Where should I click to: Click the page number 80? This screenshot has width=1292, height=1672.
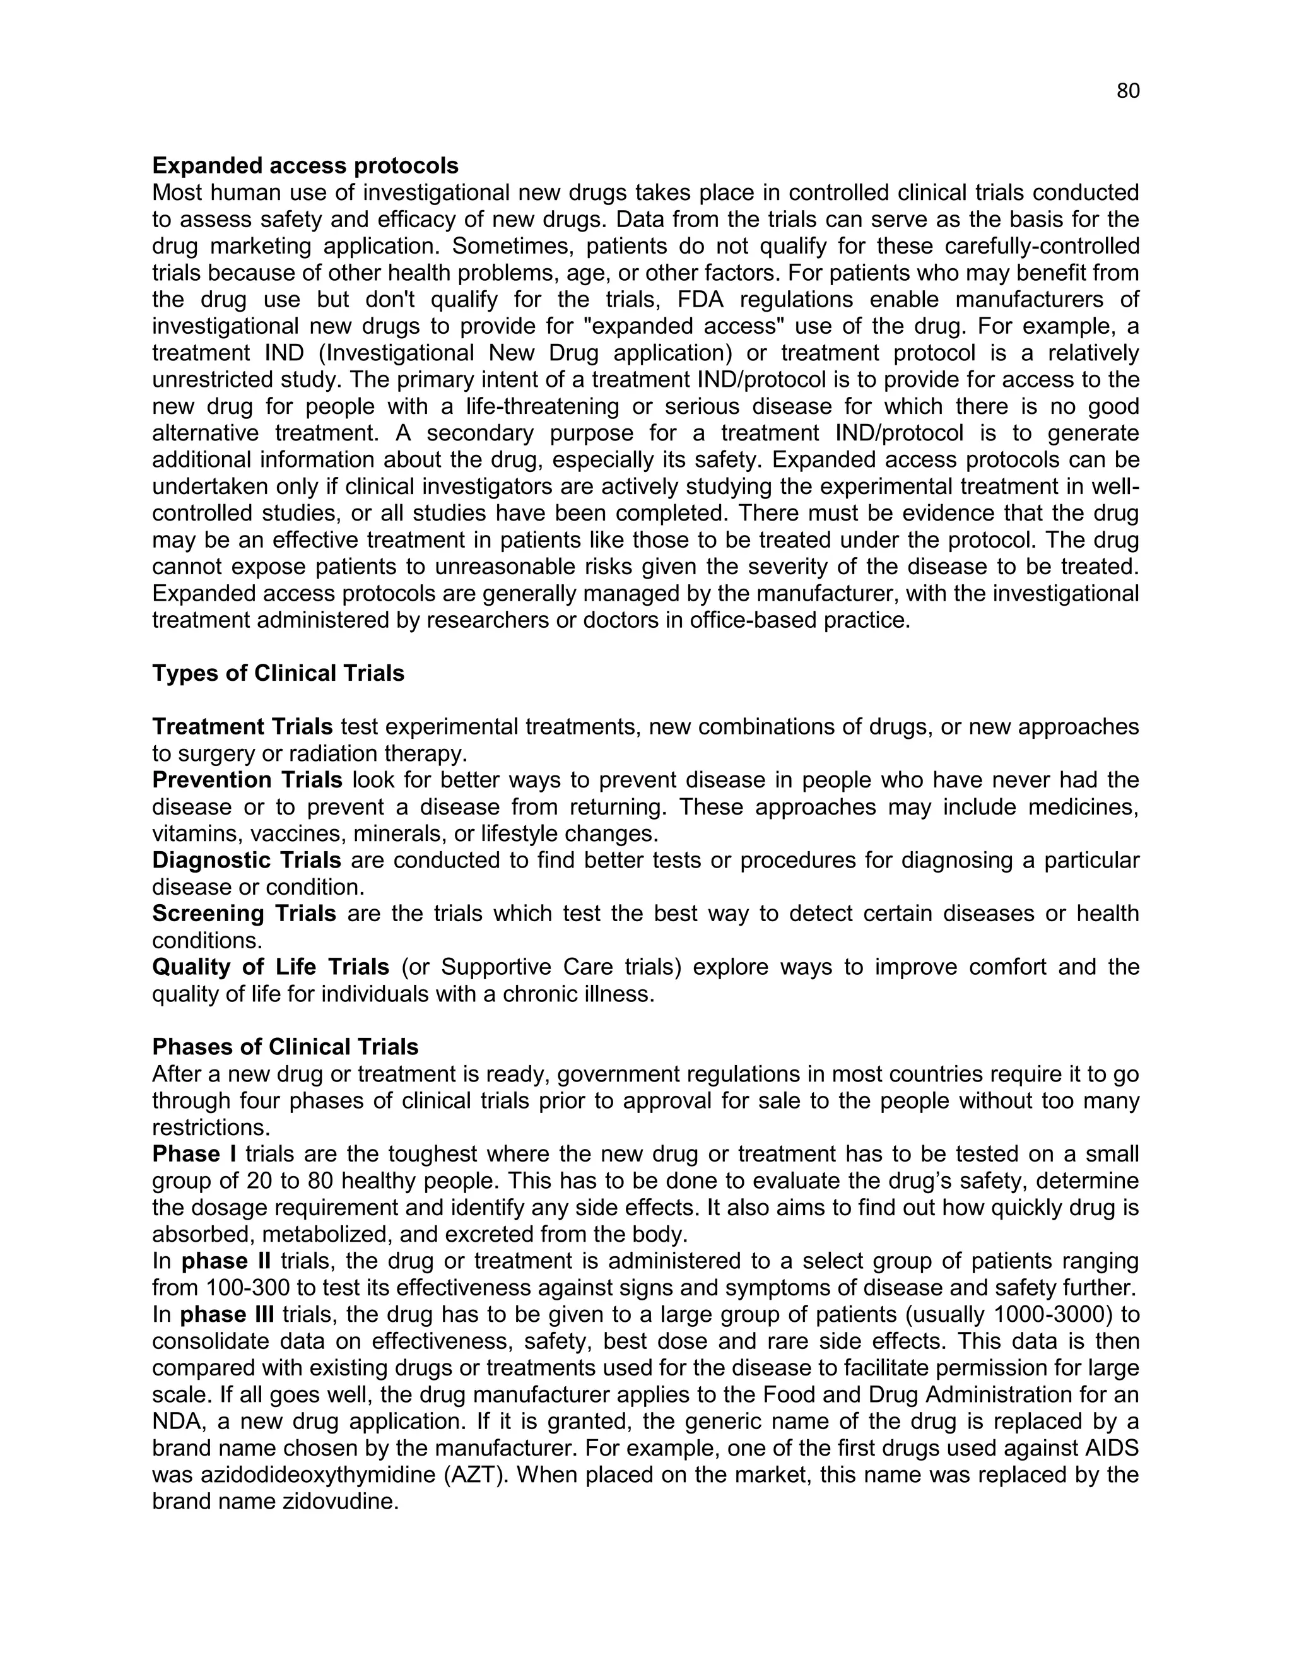(x=1127, y=91)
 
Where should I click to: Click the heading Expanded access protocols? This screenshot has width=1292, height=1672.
(x=305, y=165)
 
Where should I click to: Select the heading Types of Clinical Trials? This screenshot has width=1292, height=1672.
(x=278, y=673)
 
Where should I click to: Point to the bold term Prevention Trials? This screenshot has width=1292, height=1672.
(x=247, y=780)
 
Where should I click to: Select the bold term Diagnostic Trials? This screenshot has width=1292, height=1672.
(x=247, y=861)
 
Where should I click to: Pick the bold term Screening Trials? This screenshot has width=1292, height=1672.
(x=244, y=914)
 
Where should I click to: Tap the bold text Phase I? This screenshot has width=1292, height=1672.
(x=194, y=1154)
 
